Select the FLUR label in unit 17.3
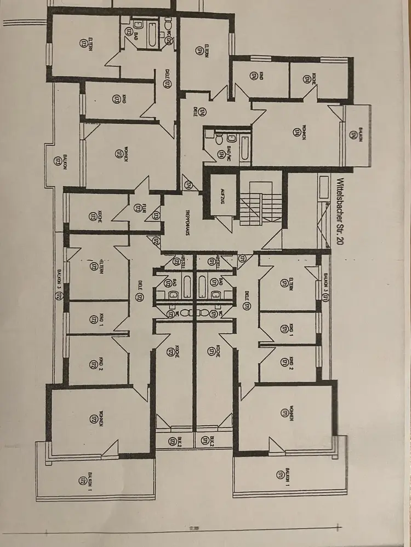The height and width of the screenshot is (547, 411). tap(138, 208)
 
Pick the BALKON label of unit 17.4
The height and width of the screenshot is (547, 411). tap(361, 135)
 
